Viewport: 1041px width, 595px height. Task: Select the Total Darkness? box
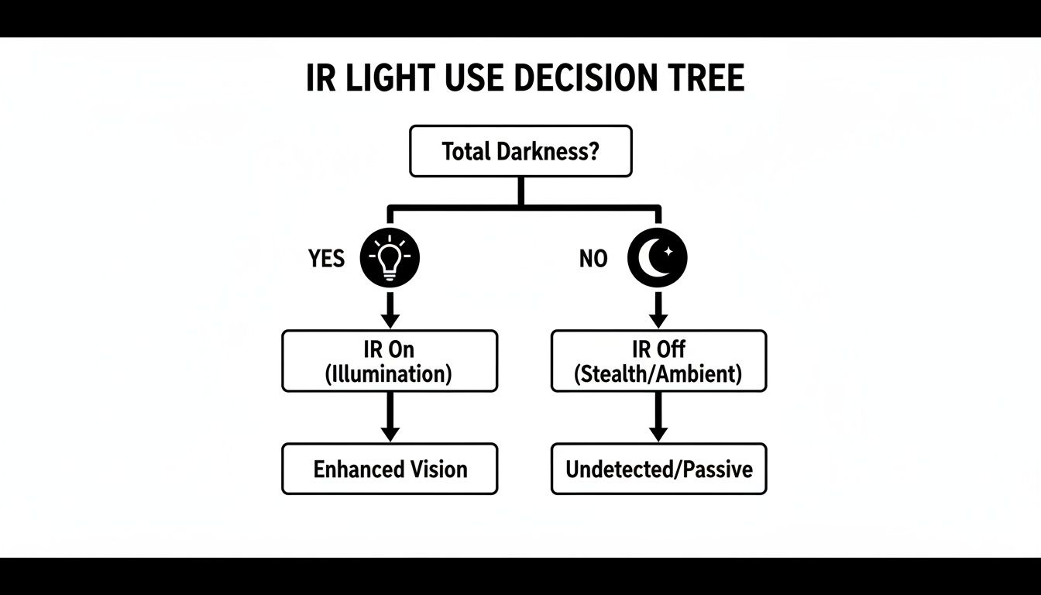coord(520,151)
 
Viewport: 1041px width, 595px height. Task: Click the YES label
coord(326,258)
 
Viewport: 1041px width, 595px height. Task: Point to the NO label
coord(593,259)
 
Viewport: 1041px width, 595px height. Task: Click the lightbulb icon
coord(390,257)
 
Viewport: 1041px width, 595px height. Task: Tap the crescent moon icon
coord(658,257)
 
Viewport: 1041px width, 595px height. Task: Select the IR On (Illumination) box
coord(390,361)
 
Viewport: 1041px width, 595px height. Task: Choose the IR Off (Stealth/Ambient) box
coord(658,361)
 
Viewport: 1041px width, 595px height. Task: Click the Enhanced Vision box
coord(390,469)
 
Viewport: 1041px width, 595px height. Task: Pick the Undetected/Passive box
coord(658,469)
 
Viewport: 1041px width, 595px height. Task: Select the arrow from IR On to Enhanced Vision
coord(390,418)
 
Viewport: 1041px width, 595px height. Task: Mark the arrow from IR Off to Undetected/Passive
coord(658,418)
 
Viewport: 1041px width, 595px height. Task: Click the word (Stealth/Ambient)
coord(658,374)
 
